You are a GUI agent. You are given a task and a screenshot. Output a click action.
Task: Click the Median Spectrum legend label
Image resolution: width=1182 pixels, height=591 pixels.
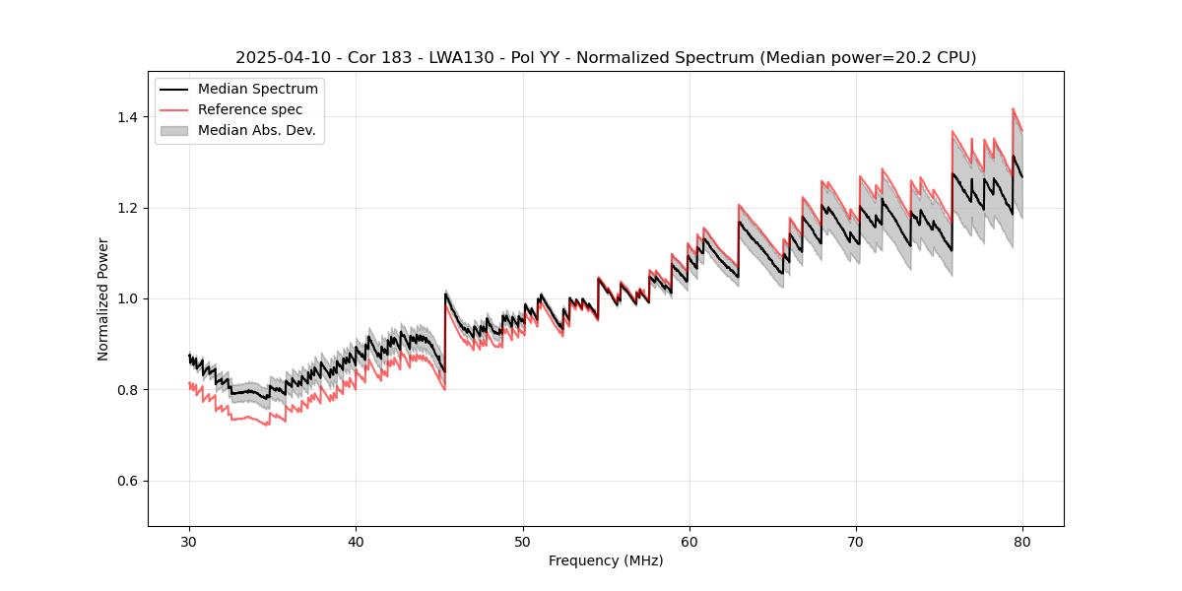point(257,90)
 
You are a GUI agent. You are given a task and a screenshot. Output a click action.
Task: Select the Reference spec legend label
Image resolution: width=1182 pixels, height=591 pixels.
point(250,109)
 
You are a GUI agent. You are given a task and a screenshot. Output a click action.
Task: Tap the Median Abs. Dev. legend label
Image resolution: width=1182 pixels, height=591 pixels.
point(256,130)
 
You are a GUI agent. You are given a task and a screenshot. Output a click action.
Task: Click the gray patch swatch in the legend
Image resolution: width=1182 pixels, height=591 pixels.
point(175,130)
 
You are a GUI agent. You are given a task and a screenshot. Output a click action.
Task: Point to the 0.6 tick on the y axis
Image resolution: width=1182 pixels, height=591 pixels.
point(131,481)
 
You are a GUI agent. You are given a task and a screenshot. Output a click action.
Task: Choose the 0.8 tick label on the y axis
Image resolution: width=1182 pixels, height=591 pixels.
point(131,390)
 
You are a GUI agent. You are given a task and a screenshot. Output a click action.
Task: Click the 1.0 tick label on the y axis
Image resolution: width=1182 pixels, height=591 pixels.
point(131,298)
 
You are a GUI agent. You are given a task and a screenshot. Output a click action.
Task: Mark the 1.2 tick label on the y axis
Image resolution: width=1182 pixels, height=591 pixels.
point(131,208)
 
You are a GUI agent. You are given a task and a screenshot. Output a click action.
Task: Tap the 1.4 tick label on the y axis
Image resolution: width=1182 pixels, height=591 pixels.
point(131,117)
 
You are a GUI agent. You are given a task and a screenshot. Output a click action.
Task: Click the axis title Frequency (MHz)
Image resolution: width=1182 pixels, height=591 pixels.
point(606,560)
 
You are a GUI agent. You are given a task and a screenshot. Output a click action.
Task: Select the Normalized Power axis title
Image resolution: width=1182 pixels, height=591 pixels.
point(103,298)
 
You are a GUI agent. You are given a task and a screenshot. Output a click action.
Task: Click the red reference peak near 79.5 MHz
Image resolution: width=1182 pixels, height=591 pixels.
point(1013,109)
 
